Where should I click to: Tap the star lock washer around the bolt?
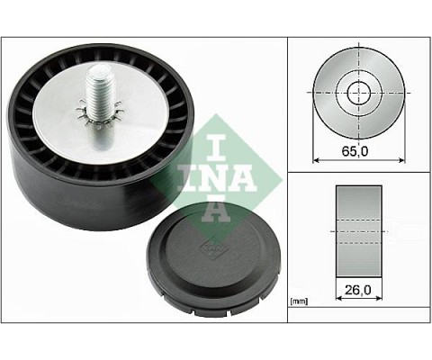pyautogui.click(x=100, y=114)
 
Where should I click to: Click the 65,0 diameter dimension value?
pyautogui.click(x=355, y=151)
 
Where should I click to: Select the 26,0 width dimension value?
pyautogui.click(x=358, y=290)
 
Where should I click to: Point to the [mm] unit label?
pyautogui.click(x=299, y=301)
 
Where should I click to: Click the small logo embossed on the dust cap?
pyautogui.click(x=211, y=247)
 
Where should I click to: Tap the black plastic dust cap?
pyautogui.click(x=213, y=260)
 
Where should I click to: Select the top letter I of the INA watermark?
pyautogui.click(x=216, y=147)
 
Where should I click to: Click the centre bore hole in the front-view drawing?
pyautogui.click(x=359, y=93)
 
